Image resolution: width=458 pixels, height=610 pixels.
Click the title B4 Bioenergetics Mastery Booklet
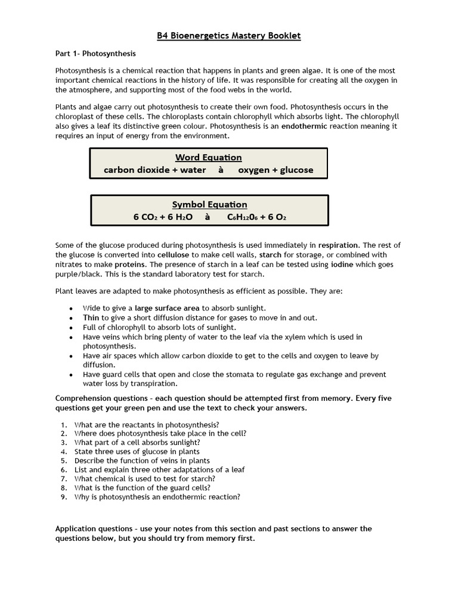[229, 36]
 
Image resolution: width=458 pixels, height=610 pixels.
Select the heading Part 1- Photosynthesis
[95, 54]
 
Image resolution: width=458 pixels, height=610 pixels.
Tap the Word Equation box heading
[208, 157]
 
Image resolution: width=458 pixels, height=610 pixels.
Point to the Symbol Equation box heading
[209, 204]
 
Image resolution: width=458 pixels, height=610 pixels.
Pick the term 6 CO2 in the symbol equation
[145, 217]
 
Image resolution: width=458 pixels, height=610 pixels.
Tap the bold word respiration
[338, 245]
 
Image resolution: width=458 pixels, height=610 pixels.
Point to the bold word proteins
[130, 264]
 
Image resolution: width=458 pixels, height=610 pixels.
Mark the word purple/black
[79, 273]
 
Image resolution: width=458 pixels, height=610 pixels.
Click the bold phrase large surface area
[167, 308]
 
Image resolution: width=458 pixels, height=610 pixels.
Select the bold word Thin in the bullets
[91, 318]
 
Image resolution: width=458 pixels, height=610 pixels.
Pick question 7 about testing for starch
[144, 478]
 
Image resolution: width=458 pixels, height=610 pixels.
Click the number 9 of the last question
[64, 496]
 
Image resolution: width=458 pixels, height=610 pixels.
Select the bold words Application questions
[91, 528]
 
